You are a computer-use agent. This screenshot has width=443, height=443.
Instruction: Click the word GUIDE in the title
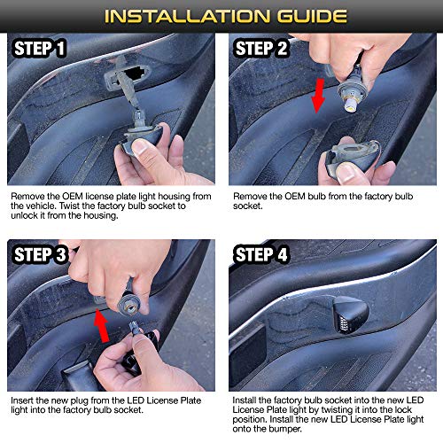299,15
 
